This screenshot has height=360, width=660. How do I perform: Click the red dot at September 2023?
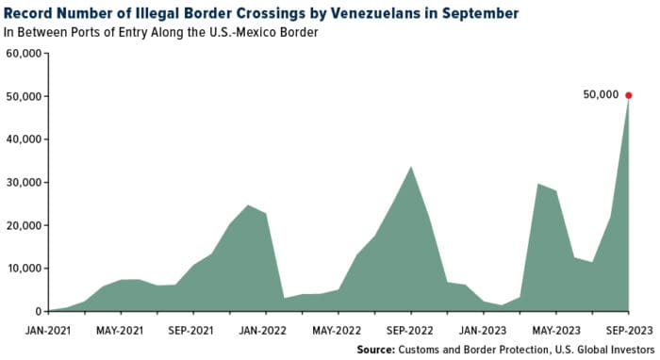pos(629,95)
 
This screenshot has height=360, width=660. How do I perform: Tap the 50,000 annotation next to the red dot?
pos(600,95)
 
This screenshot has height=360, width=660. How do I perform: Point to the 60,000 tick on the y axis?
pos(25,54)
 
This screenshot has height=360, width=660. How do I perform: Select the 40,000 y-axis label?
pos(25,139)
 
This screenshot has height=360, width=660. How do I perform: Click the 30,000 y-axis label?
pos(25,183)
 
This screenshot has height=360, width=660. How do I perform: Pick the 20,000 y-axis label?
pos(25,226)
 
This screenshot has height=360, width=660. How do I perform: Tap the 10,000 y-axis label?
pos(25,269)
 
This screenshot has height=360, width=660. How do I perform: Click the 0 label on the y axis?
pos(38,311)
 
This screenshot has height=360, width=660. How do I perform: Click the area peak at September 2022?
pos(410,167)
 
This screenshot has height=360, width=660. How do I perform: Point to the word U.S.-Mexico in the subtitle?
pos(272,32)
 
